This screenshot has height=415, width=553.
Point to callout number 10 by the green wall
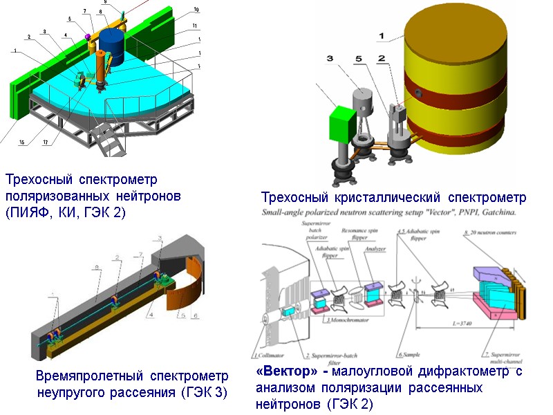[x=196, y=10]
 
